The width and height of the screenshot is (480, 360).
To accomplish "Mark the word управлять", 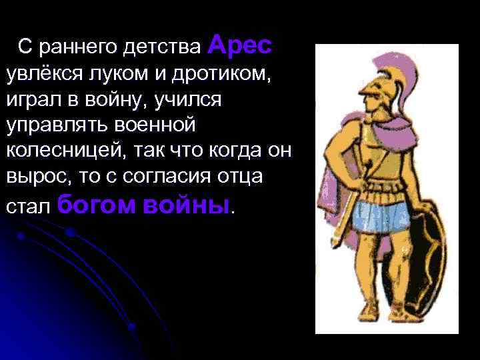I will (54, 125).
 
